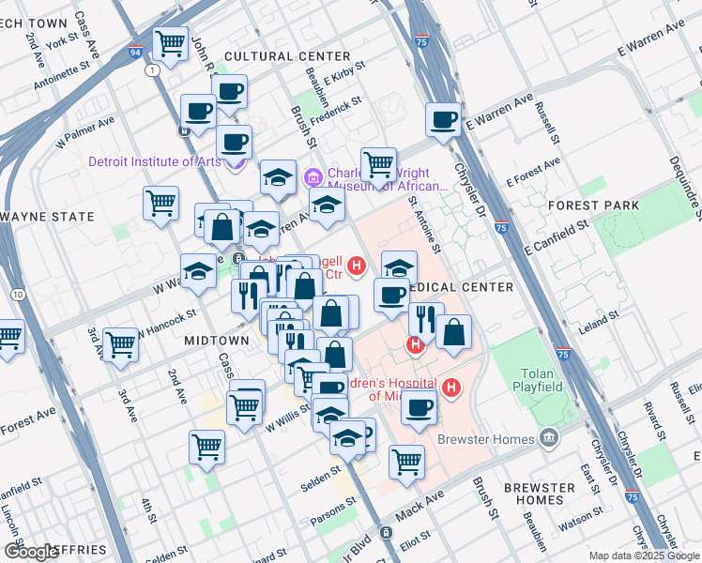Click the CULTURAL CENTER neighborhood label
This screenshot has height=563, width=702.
[x=274, y=57]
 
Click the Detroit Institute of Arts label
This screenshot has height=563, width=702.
[x=155, y=161]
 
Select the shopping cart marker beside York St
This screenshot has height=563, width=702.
[x=171, y=43]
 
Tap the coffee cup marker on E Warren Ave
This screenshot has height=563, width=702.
[x=443, y=120]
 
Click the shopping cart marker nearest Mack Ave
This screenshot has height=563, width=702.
[x=406, y=461]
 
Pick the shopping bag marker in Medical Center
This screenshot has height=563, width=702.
[x=453, y=332]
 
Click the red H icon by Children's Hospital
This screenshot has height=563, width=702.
[x=452, y=387]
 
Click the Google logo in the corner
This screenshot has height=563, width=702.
[x=32, y=552]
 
